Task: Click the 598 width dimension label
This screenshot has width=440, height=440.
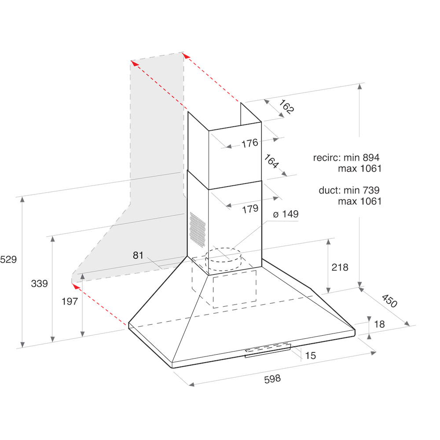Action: pyautogui.click(x=272, y=378)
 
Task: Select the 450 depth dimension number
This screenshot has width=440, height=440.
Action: pyautogui.click(x=389, y=301)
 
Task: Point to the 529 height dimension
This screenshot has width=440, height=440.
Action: pyautogui.click(x=8, y=260)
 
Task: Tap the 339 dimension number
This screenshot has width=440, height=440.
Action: pyautogui.click(x=39, y=284)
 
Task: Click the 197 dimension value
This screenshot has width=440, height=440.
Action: pyautogui.click(x=70, y=301)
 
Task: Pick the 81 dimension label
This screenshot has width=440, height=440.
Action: pyautogui.click(x=138, y=255)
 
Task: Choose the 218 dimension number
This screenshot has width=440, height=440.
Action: pyautogui.click(x=340, y=267)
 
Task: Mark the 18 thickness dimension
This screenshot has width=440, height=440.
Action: pyautogui.click(x=379, y=324)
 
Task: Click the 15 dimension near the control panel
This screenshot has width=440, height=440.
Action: pyautogui.click(x=311, y=356)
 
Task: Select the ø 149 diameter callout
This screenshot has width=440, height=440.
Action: pyautogui.click(x=286, y=214)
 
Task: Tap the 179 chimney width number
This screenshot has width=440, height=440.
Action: pyautogui.click(x=250, y=209)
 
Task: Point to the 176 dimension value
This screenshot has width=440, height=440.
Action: pyautogui.click(x=249, y=143)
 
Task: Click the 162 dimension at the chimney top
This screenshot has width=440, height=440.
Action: pyautogui.click(x=286, y=108)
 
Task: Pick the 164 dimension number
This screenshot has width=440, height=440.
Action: pyautogui.click(x=271, y=161)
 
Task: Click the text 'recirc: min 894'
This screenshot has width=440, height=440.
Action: pyautogui.click(x=346, y=157)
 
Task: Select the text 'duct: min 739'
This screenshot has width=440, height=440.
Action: pyautogui.click(x=349, y=190)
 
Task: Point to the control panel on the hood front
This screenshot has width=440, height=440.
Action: pyautogui.click(x=268, y=349)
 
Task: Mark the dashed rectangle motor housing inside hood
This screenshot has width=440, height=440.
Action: pyautogui.click(x=235, y=289)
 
